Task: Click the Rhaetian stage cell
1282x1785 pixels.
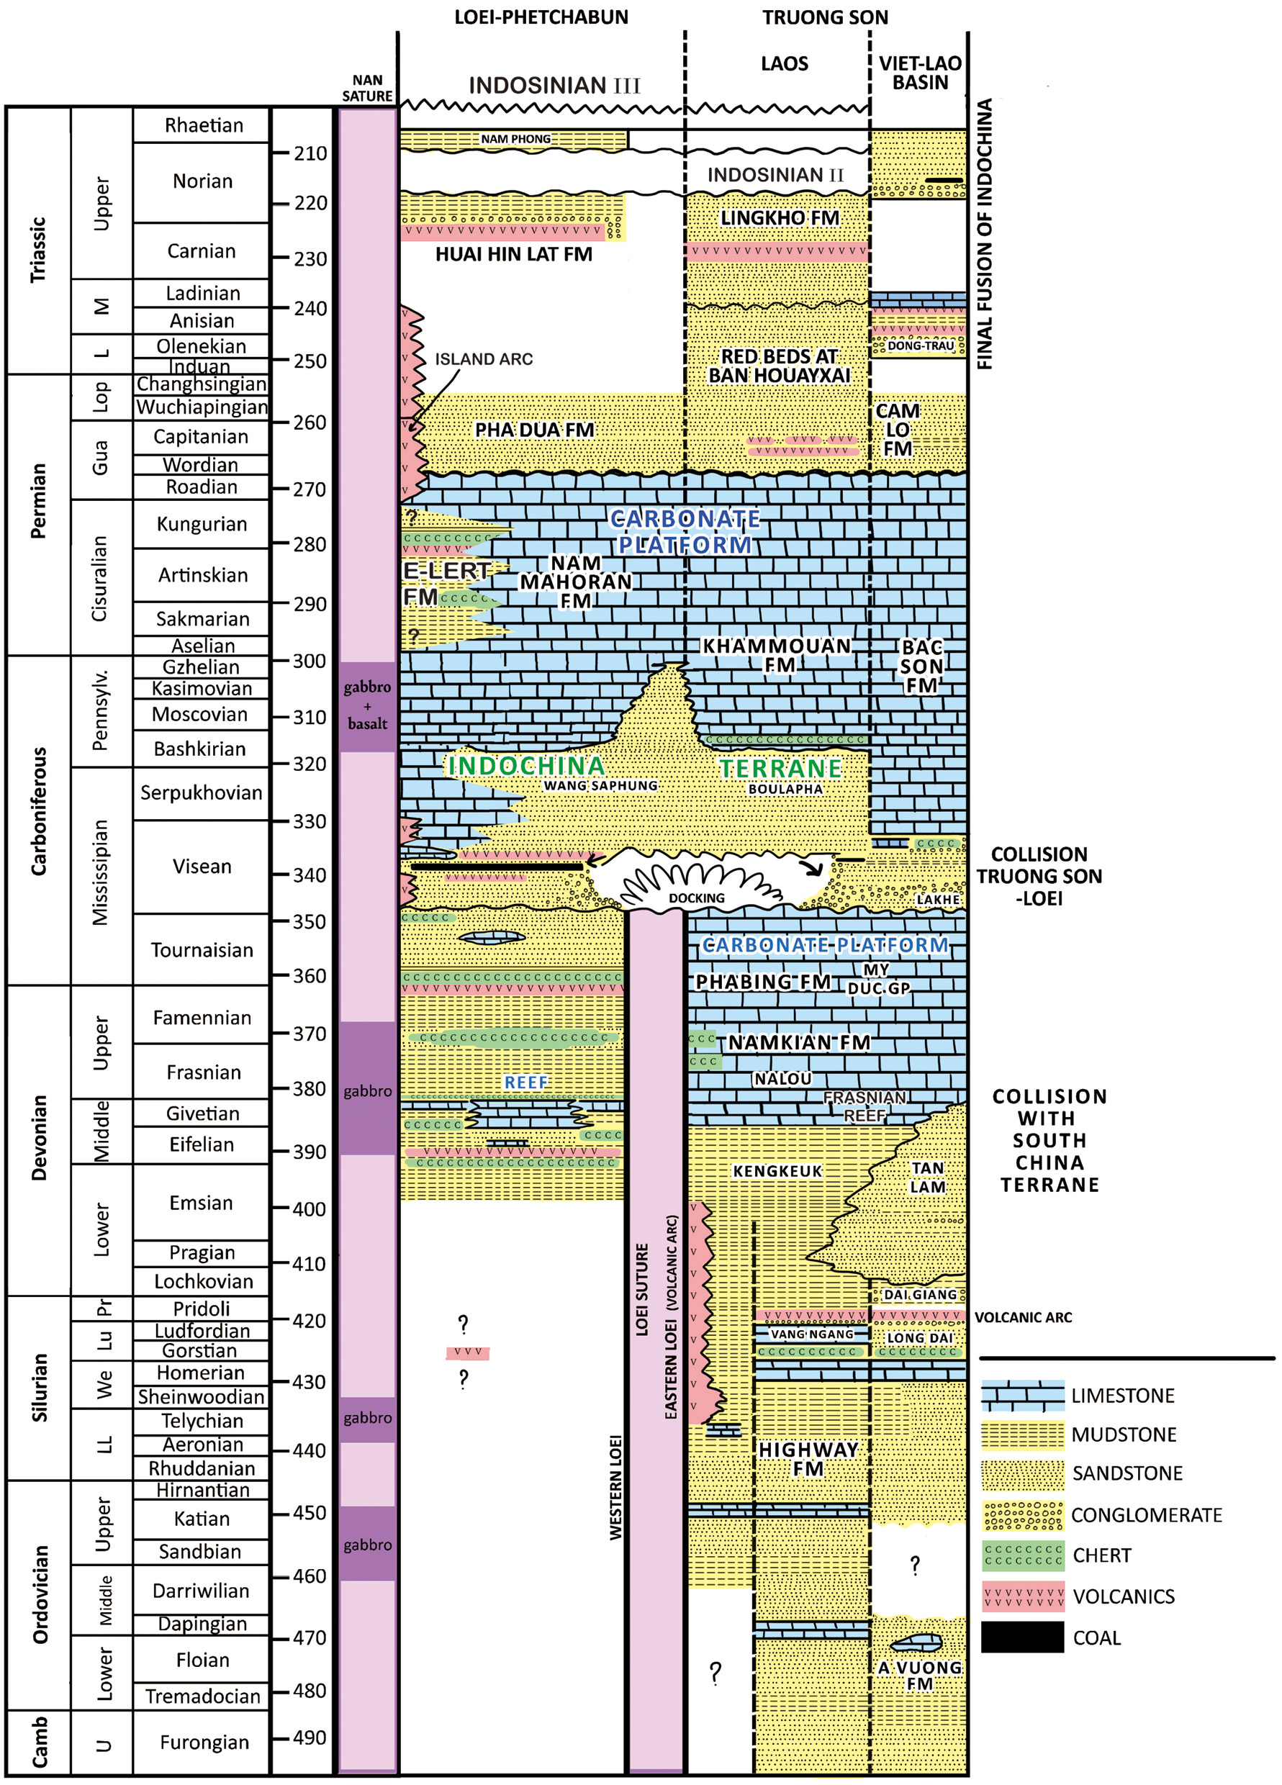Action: [203, 125]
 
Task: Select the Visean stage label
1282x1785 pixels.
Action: [202, 867]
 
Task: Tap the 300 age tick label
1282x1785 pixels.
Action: [310, 661]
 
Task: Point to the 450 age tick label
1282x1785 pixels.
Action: [310, 1513]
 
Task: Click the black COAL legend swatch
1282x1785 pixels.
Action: [1022, 1638]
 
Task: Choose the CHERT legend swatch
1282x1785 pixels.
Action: [1022, 1555]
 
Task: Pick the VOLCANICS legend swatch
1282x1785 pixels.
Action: [1022, 1596]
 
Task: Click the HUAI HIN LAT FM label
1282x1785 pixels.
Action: [514, 254]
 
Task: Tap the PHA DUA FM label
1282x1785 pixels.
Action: [534, 430]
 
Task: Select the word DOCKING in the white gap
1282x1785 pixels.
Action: [697, 898]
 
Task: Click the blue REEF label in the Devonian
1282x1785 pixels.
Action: [525, 1083]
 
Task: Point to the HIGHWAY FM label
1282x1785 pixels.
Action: [808, 1459]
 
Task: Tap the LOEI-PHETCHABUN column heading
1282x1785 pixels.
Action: [541, 17]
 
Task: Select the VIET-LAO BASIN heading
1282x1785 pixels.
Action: [920, 73]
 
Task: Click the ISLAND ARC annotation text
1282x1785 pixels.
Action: [483, 359]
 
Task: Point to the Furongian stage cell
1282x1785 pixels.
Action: [204, 1743]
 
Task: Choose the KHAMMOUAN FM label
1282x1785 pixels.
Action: [777, 656]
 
